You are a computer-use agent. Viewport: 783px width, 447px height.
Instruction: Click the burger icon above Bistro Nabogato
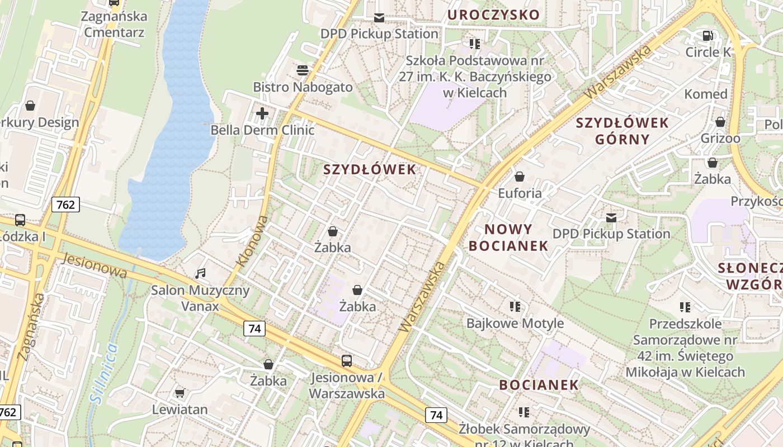click(x=303, y=70)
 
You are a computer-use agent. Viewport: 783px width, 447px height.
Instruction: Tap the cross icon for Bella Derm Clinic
click(x=262, y=114)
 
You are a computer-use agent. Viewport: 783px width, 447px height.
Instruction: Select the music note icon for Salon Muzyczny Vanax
click(x=200, y=274)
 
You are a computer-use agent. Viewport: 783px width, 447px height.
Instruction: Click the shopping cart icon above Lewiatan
click(x=180, y=393)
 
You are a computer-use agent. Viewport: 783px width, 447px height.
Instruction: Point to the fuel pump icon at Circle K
click(x=707, y=36)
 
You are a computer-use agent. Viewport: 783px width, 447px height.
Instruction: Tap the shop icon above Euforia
click(x=520, y=177)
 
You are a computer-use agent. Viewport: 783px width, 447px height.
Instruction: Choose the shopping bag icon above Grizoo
click(x=720, y=122)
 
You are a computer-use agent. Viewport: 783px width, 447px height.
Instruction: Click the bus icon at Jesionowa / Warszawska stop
click(x=347, y=361)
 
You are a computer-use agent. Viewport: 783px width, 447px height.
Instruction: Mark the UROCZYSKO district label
click(x=493, y=15)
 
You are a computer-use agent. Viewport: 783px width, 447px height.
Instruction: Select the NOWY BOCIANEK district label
click(x=508, y=237)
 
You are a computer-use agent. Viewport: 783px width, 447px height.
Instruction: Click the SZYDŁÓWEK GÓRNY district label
click(x=622, y=131)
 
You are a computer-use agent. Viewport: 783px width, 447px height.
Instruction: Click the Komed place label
click(x=706, y=94)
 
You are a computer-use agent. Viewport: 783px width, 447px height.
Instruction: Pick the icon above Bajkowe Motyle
click(x=515, y=306)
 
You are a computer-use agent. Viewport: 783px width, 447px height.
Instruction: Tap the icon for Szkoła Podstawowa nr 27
click(x=475, y=44)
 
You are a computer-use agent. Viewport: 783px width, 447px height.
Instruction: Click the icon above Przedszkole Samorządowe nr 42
click(x=685, y=307)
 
